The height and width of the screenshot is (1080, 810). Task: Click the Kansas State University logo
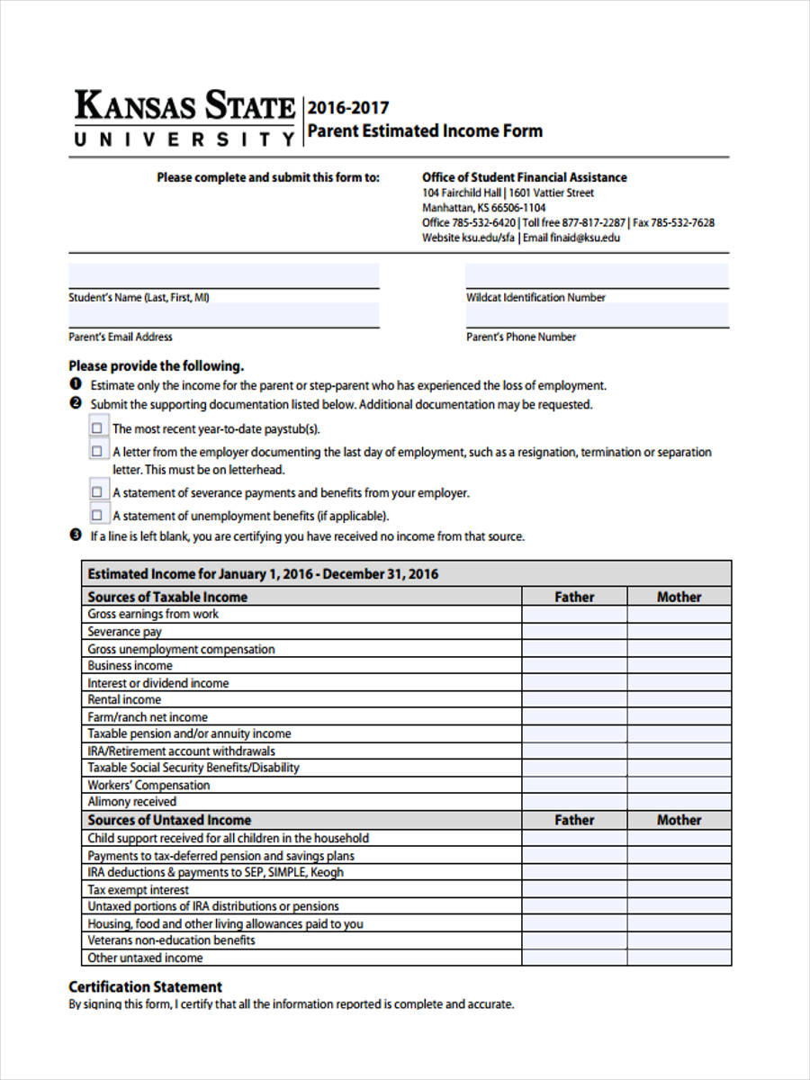[x=184, y=118]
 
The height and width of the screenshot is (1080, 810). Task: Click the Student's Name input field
[x=223, y=275]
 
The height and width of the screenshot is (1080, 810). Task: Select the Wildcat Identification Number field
[x=597, y=275]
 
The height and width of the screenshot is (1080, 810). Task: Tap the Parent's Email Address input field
[x=223, y=315]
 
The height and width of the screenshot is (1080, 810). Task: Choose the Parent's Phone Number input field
[x=597, y=315]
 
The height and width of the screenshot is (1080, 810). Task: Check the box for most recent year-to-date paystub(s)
[x=97, y=427]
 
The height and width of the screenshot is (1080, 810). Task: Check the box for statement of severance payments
[x=97, y=492]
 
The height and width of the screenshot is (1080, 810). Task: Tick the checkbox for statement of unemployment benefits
[x=97, y=515]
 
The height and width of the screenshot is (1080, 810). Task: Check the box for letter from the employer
[x=97, y=451]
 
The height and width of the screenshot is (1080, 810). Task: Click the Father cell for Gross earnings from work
[x=574, y=615]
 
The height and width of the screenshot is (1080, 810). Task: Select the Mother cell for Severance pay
[x=679, y=632]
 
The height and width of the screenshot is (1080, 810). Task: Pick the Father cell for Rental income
[x=574, y=700]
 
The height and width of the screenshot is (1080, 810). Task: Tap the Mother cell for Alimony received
[x=679, y=802]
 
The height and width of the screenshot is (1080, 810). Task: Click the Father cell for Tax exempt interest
[x=574, y=890]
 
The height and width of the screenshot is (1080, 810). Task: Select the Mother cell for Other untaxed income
[x=679, y=958]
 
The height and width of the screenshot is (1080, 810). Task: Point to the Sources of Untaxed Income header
[x=169, y=820]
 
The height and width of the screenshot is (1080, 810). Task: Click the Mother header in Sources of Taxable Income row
[x=679, y=597]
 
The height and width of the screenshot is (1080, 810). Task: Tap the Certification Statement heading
[x=145, y=986]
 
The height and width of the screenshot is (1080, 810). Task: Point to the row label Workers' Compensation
[x=148, y=785]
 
